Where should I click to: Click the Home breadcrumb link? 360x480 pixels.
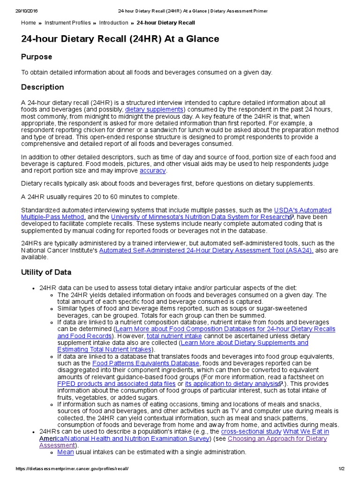click(x=29, y=22)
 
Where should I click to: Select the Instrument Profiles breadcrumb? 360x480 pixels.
click(x=67, y=22)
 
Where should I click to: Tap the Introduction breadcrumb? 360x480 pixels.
click(x=113, y=22)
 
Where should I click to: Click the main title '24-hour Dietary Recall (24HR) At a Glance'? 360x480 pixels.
click(x=120, y=39)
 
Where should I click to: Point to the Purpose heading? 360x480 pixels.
click(x=37, y=57)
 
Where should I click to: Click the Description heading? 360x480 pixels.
click(x=43, y=87)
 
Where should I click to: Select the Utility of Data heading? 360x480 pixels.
click(x=46, y=272)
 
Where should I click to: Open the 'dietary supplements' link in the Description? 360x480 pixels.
click(x=154, y=110)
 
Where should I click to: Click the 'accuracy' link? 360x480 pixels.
click(x=153, y=171)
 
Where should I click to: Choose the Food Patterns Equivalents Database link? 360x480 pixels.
click(x=146, y=363)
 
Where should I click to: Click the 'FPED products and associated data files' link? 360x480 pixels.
click(x=116, y=383)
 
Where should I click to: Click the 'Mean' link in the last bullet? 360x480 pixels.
click(x=66, y=452)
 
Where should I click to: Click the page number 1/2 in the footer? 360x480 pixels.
click(x=341, y=469)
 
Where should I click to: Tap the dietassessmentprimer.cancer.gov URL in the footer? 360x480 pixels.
click(x=71, y=469)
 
